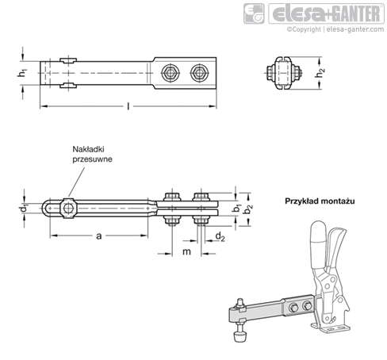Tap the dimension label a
98,236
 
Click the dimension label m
187,252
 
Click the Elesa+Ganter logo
321,14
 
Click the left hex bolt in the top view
169,73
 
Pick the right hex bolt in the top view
197,73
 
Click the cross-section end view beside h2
285,72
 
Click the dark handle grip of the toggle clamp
320,247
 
